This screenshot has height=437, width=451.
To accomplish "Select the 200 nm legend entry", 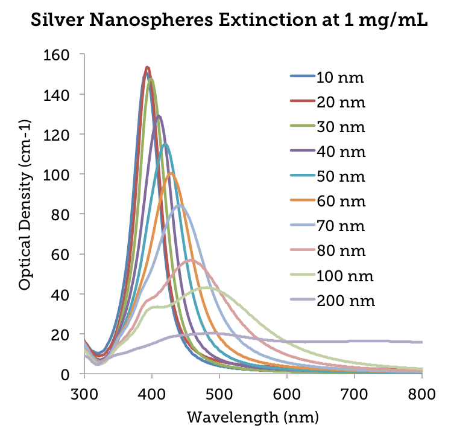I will point(344,301).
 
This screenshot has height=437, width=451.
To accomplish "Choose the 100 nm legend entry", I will point(344,276).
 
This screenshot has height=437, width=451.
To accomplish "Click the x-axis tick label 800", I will point(422,392).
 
